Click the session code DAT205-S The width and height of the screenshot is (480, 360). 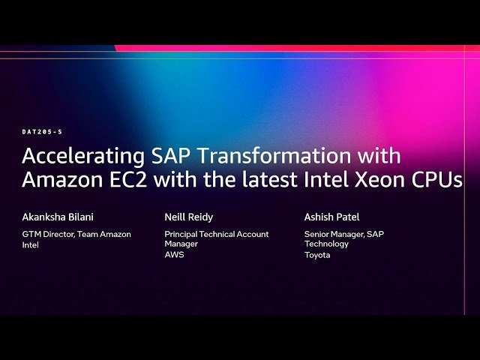pyautogui.click(x=42, y=132)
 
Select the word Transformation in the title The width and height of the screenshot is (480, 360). pyautogui.click(x=262, y=157)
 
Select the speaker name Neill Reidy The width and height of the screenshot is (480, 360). pyautogui.click(x=189, y=217)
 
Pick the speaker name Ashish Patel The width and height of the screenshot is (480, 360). pyautogui.click(x=331, y=217)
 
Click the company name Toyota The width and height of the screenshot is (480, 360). pyautogui.click(x=316, y=255)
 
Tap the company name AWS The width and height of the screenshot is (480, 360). pyautogui.click(x=174, y=255)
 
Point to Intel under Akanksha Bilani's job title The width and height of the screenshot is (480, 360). pyautogui.click(x=30, y=244)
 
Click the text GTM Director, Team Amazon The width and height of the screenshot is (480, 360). pyautogui.click(x=76, y=234)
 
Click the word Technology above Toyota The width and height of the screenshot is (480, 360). pyautogui.click(x=326, y=244)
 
